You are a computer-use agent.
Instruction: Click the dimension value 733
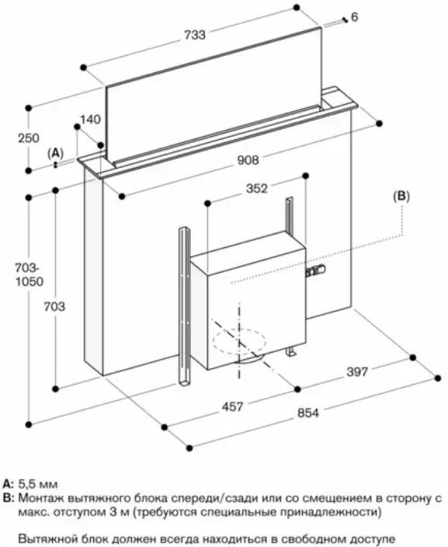click(195, 34)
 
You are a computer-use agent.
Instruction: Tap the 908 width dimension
click(248, 160)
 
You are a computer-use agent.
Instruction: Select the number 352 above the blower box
click(257, 189)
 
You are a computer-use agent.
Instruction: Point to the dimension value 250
click(29, 138)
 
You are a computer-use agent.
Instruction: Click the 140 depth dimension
click(90, 120)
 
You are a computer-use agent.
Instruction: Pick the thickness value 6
click(354, 17)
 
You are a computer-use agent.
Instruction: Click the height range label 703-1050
click(30, 274)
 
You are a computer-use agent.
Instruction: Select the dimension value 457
click(233, 406)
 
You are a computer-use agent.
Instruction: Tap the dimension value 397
click(357, 372)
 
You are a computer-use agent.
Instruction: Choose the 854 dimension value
click(308, 413)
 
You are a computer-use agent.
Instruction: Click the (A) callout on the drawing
click(55, 153)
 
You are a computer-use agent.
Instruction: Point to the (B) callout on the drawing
click(401, 197)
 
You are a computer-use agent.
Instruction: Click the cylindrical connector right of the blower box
click(317, 270)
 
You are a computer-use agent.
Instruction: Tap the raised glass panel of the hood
click(214, 94)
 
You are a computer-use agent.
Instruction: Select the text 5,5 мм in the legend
click(38, 484)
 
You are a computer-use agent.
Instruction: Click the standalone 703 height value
click(54, 307)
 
